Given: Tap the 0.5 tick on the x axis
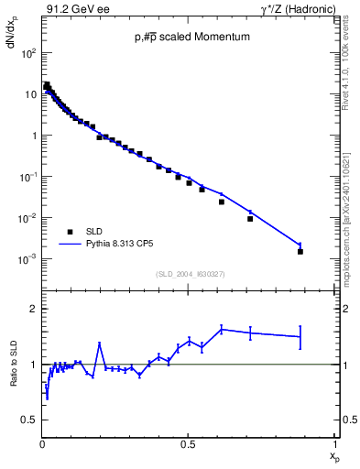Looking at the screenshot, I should pos(188,444).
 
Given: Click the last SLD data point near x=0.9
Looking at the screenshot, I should pos(300,251).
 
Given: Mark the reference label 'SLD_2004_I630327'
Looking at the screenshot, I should pos(190,273).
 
